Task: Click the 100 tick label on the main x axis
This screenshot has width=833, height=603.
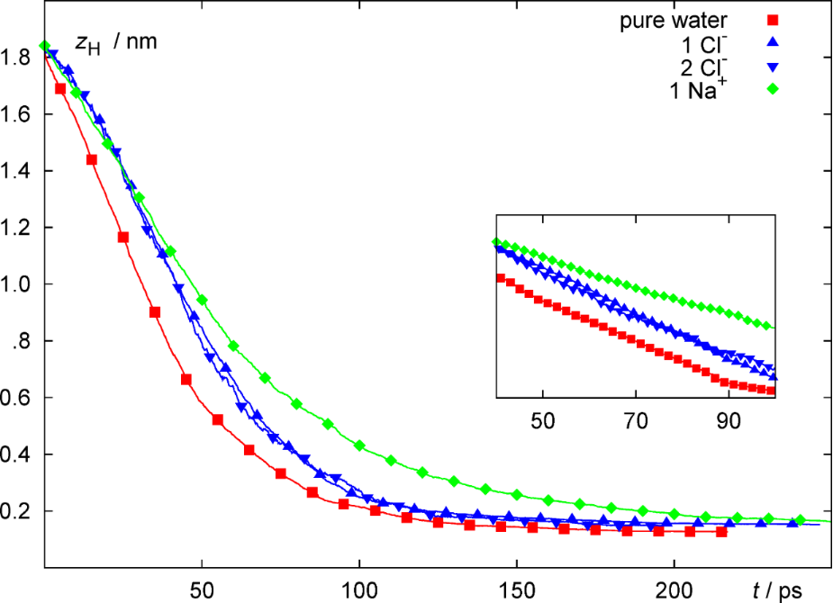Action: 359,590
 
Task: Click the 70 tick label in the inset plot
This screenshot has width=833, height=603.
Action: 636,418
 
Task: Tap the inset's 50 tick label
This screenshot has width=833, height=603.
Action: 542,418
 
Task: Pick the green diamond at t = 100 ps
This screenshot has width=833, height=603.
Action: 359,445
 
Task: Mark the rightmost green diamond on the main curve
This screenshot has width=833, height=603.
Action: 800,519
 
